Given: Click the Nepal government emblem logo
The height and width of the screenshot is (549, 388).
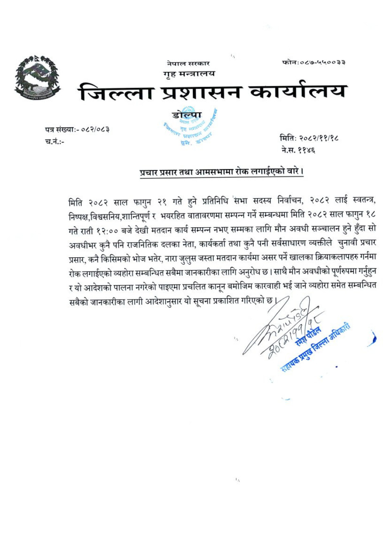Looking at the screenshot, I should (x=37, y=77).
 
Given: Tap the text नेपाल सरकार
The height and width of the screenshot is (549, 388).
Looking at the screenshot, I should (x=188, y=64).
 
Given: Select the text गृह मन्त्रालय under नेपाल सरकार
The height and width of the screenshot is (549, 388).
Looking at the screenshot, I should (x=189, y=74).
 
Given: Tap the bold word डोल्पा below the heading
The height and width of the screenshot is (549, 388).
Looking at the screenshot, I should (x=187, y=114).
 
